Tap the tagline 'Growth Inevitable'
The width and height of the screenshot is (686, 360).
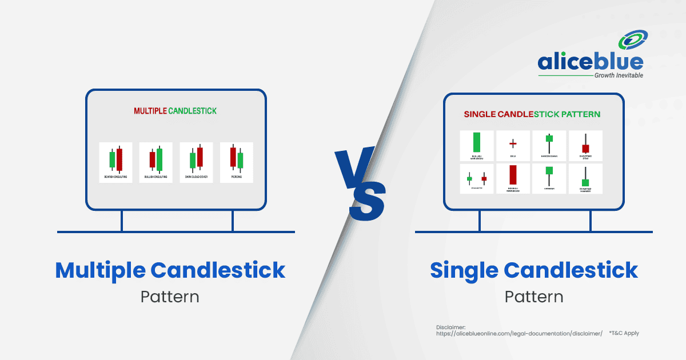click(x=619, y=75)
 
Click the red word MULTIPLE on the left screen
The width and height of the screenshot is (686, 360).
click(x=150, y=111)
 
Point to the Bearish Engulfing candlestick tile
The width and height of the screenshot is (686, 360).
click(x=115, y=162)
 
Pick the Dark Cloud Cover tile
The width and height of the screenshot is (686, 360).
click(x=196, y=162)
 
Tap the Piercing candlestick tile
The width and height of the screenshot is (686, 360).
click(x=237, y=162)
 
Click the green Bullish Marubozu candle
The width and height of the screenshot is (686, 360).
click(x=477, y=142)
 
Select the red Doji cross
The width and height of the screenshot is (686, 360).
click(x=513, y=143)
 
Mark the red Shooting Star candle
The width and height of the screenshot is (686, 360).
click(x=585, y=148)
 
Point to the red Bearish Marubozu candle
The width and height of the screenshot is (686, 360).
click(x=513, y=175)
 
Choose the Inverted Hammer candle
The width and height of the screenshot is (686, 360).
click(x=585, y=181)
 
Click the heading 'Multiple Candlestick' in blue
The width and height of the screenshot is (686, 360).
click(x=170, y=270)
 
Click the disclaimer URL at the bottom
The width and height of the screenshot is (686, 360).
click(x=519, y=333)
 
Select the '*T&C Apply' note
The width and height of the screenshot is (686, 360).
click(x=624, y=333)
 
